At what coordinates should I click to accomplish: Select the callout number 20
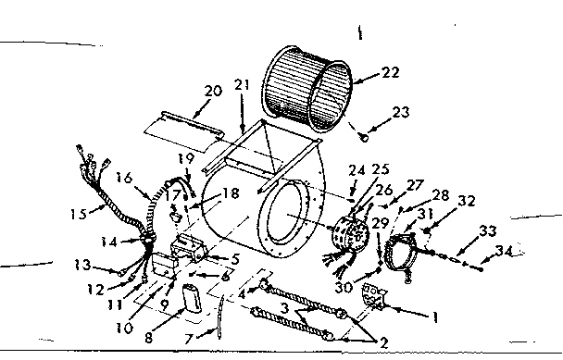[x=212, y=91]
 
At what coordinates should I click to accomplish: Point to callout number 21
[x=243, y=86]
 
